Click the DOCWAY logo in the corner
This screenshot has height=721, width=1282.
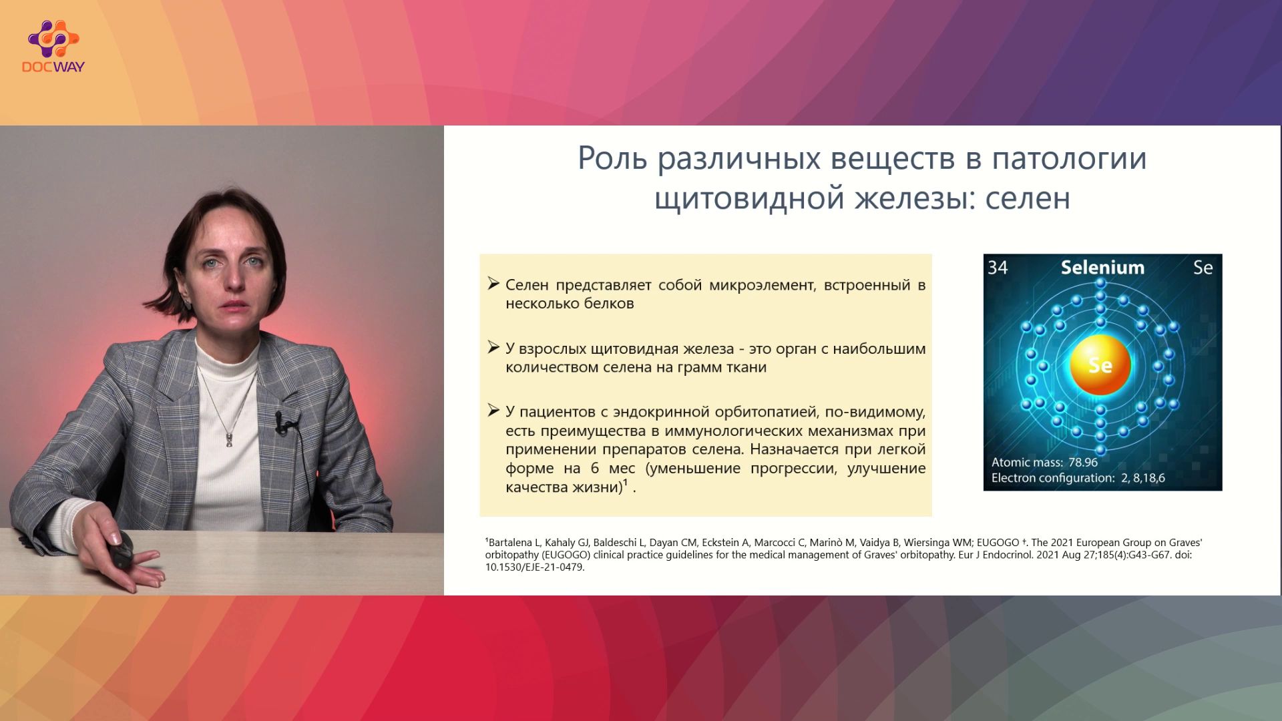point(53,46)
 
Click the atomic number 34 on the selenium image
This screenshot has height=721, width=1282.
point(998,268)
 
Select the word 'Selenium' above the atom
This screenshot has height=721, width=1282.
point(1102,268)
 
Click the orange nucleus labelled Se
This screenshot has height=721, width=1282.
point(1100,365)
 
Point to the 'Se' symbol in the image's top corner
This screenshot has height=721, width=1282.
point(1203,268)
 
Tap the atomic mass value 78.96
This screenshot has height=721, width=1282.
point(1083,462)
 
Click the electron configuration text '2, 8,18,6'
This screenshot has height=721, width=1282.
point(1143,478)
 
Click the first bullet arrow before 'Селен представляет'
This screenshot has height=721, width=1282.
point(493,284)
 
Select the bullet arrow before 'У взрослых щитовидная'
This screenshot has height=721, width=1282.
point(493,347)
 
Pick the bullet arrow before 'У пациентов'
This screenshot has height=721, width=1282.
point(493,411)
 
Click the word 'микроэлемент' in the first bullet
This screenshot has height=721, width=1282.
point(762,285)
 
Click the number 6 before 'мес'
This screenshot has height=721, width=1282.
point(595,468)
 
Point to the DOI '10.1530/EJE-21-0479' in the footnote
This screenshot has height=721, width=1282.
point(534,567)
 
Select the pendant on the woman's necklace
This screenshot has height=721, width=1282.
point(229,439)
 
